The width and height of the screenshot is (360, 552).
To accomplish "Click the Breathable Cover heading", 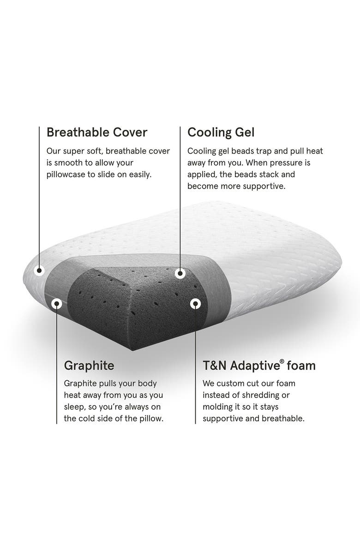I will (97, 132).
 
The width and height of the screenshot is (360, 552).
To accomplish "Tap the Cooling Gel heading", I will (221, 132).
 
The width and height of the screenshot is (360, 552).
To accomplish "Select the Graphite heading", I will (89, 366).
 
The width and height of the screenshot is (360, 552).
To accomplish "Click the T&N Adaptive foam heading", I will (259, 366).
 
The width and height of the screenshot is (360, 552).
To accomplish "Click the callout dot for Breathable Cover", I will (40, 271).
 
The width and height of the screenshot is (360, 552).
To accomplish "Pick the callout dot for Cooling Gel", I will (180, 274).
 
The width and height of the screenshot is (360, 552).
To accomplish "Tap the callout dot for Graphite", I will (57, 304).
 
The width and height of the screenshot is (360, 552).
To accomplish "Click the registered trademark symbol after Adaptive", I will (282, 362).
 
